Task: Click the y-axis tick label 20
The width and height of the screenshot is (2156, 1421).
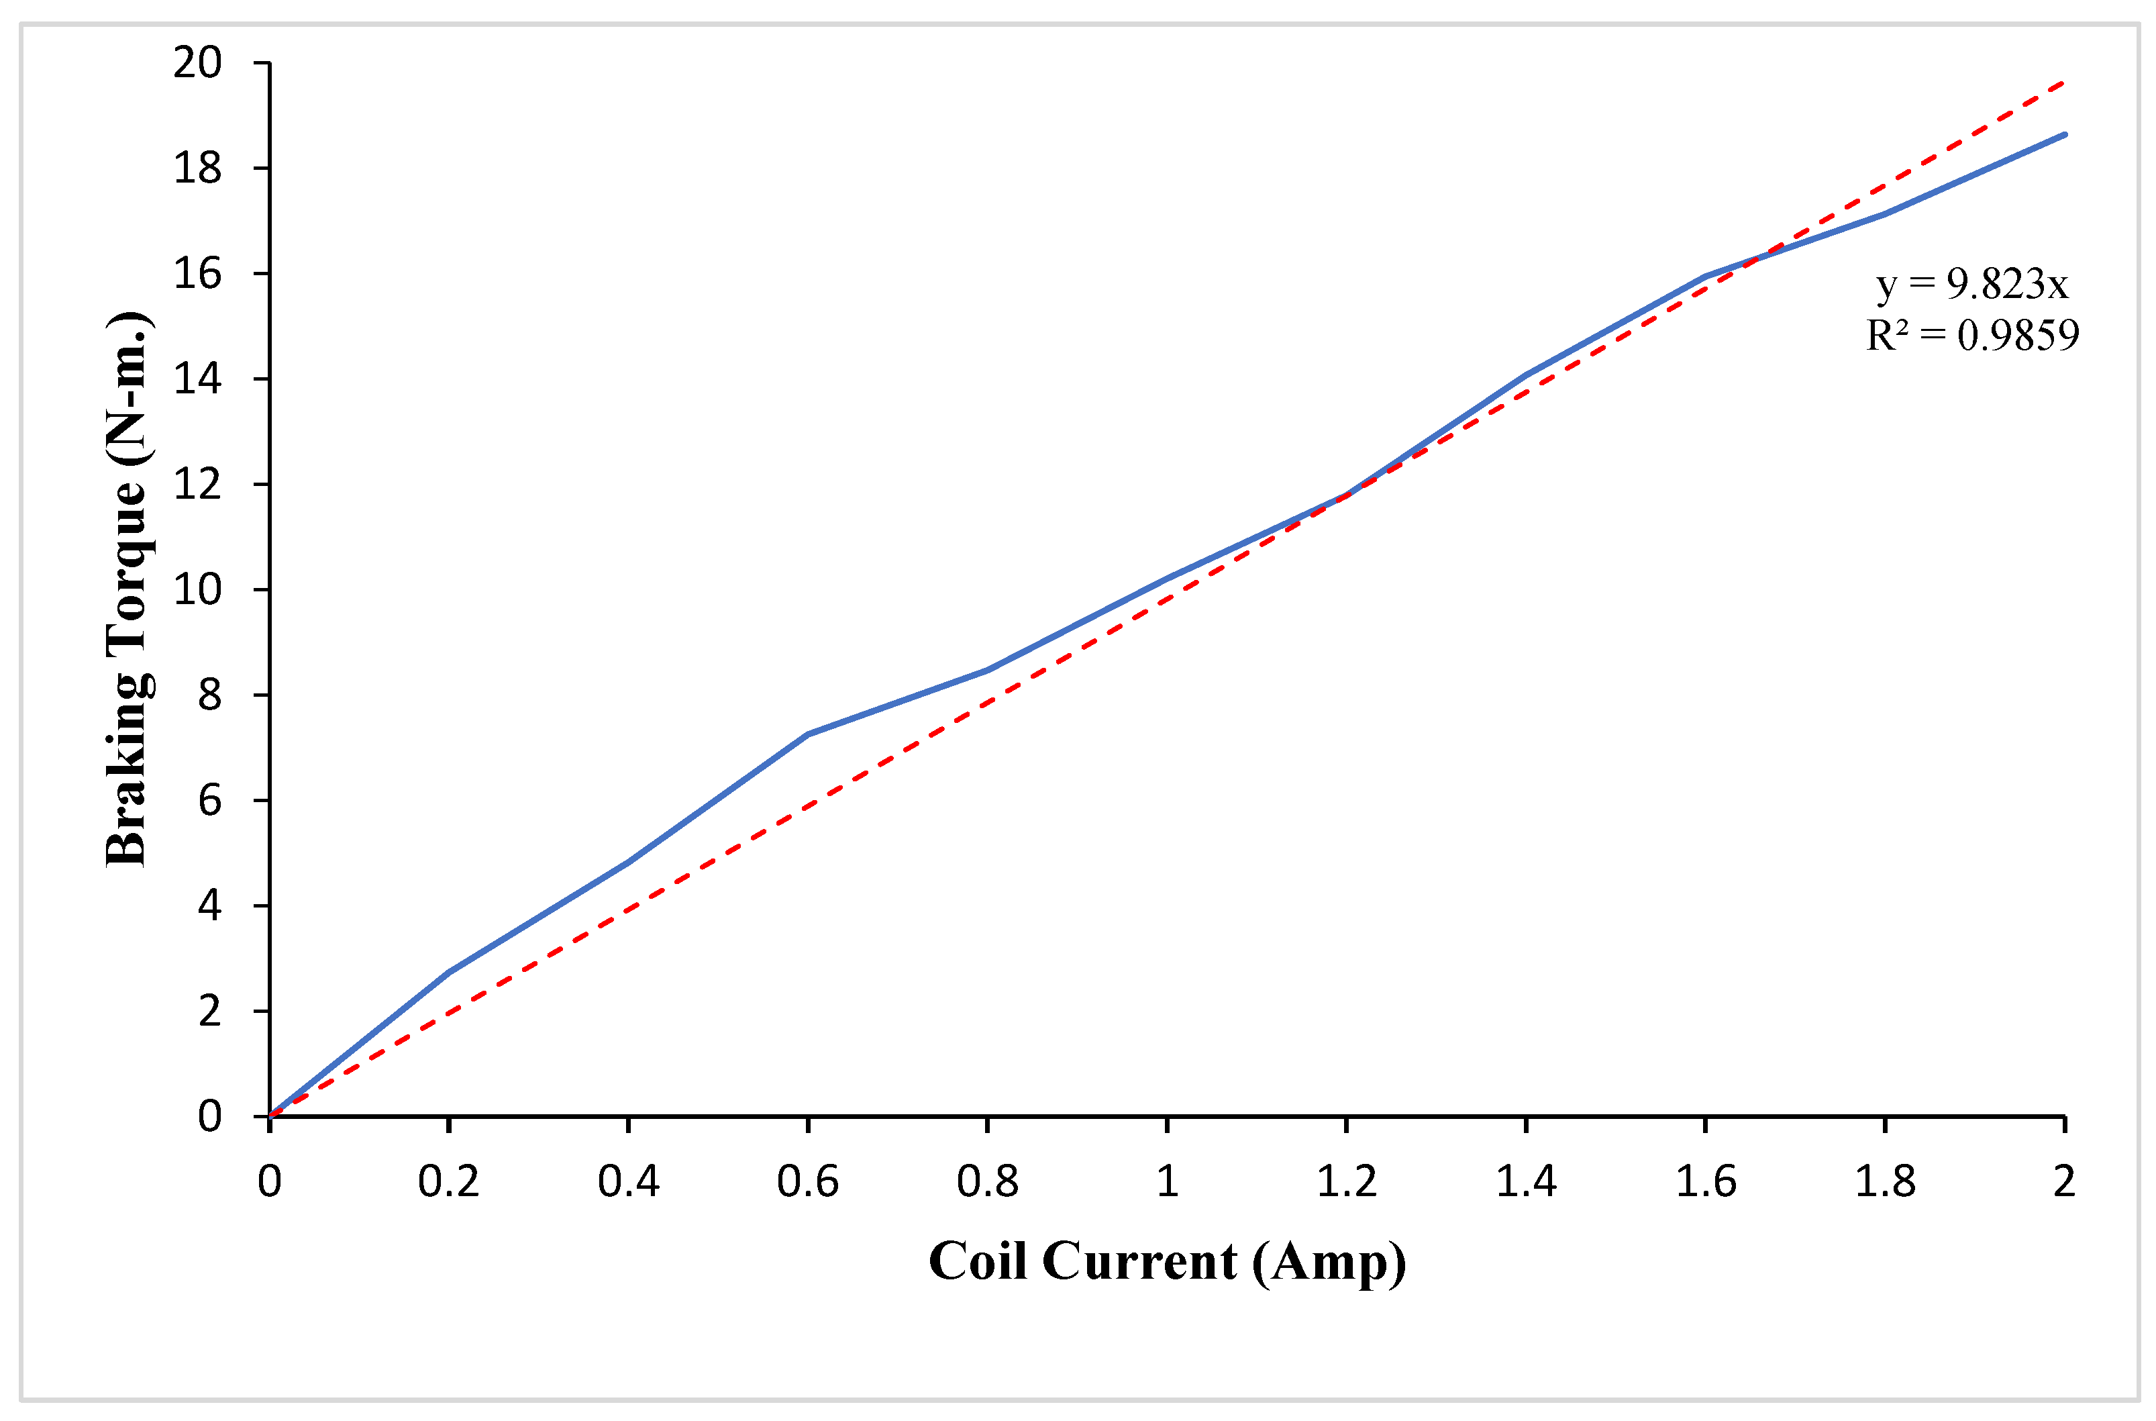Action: pyautogui.click(x=197, y=64)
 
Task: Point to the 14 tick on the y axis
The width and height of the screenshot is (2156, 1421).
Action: pyautogui.click(x=197, y=379)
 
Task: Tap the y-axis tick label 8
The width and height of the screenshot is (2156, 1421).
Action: pyautogui.click(x=209, y=695)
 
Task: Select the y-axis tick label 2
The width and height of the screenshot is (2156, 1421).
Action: pyautogui.click(x=209, y=1010)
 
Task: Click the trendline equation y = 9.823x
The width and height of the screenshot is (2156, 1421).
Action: pyautogui.click(x=1972, y=285)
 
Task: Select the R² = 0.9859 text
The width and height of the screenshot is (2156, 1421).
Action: pyautogui.click(x=1972, y=336)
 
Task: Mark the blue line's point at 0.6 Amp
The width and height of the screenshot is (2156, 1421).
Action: pyautogui.click(x=807, y=734)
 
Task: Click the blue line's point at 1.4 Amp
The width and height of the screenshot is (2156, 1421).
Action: pyautogui.click(x=1527, y=375)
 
